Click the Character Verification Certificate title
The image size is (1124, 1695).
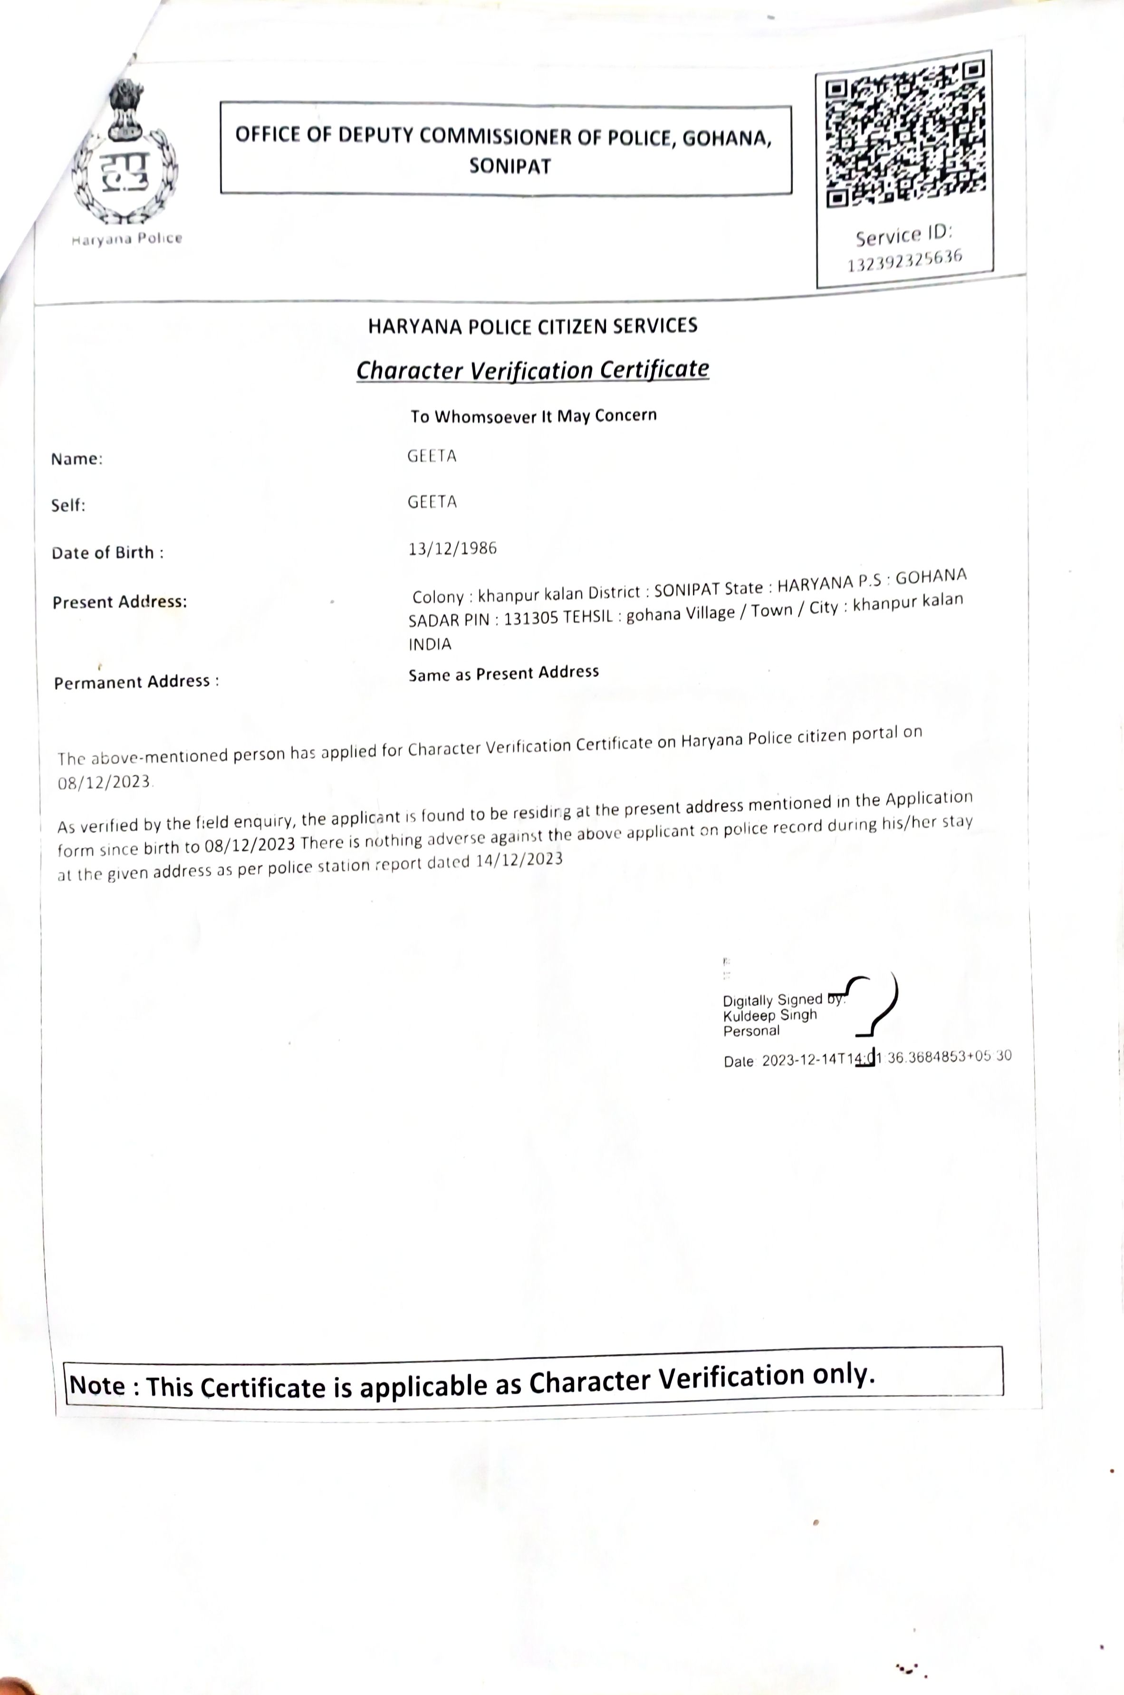[x=533, y=370]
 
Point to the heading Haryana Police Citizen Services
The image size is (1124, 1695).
[x=533, y=326]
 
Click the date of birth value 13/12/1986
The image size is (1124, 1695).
[x=452, y=549]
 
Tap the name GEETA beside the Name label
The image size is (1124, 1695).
[x=432, y=456]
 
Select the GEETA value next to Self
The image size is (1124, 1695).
[x=432, y=502]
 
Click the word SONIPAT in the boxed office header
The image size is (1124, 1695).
[x=509, y=167]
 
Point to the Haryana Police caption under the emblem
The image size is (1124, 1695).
[x=127, y=239]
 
